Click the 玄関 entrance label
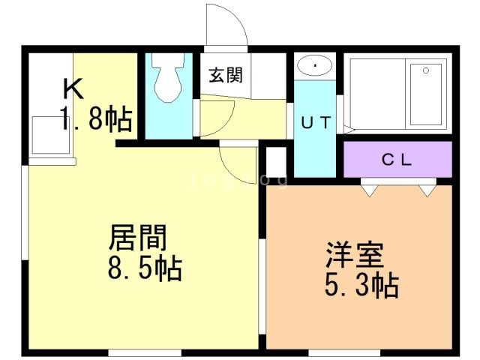[x=226, y=75]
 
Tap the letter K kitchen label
[x=73, y=88]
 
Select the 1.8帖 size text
[x=97, y=119]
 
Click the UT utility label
[x=316, y=124]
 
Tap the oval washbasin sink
[x=315, y=66]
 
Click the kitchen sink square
[x=51, y=134]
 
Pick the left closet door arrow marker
[x=369, y=189]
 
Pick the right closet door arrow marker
[x=427, y=189]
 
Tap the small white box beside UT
[x=276, y=161]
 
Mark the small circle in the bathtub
[x=425, y=70]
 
